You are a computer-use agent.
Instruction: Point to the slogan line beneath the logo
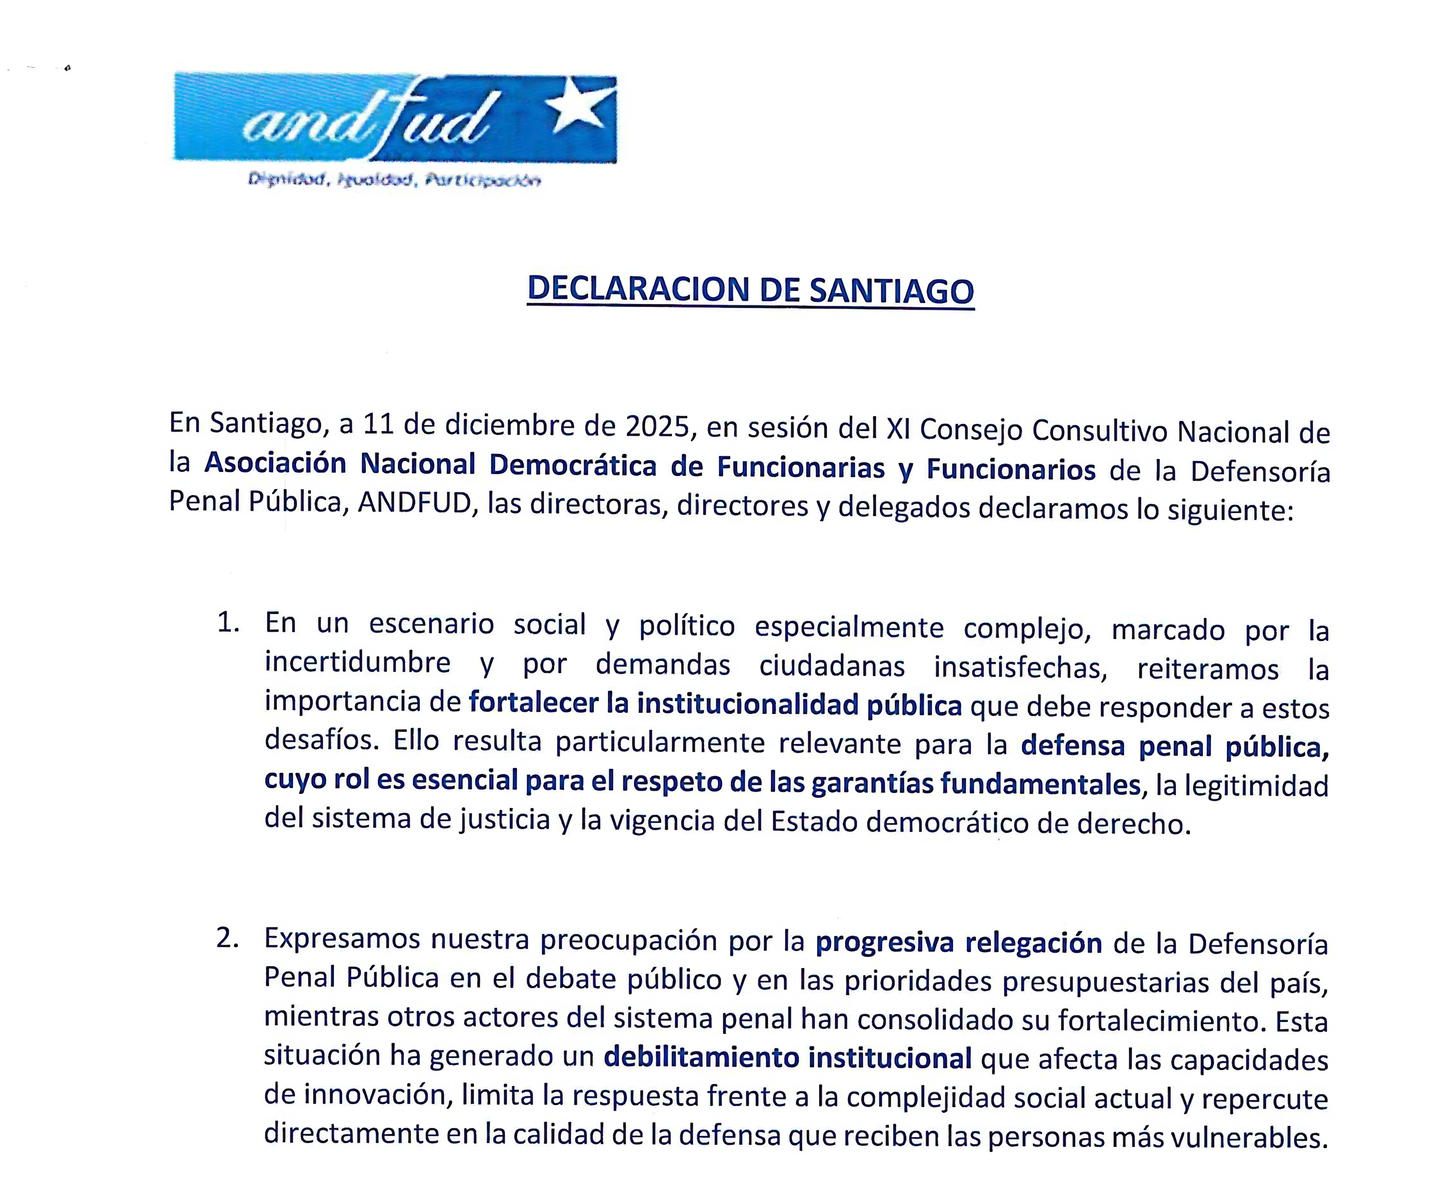click(394, 180)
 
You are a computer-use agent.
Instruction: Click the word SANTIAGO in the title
click(891, 291)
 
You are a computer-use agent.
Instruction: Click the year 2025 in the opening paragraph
click(657, 427)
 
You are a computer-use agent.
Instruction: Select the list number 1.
click(227, 623)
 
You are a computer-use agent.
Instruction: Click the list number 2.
click(227, 939)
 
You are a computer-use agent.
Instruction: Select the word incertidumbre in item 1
click(358, 662)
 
